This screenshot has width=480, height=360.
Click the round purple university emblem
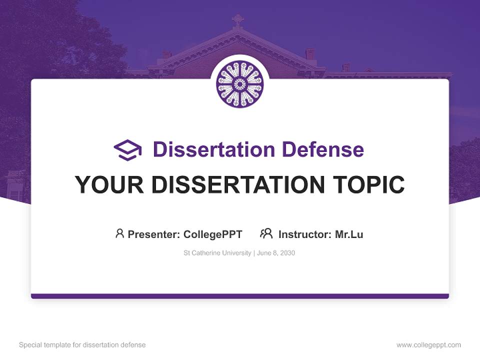pyautogui.click(x=240, y=84)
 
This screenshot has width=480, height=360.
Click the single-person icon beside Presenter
pyautogui.click(x=119, y=233)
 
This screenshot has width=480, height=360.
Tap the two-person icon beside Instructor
pyautogui.click(x=266, y=233)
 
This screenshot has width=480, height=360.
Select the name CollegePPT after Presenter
pyautogui.click(x=212, y=234)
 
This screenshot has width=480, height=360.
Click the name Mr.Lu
pyautogui.click(x=349, y=234)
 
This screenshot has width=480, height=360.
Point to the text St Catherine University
pyautogui.click(x=217, y=253)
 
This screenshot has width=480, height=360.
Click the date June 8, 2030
pyautogui.click(x=277, y=253)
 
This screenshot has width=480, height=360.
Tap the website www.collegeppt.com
pyautogui.click(x=428, y=345)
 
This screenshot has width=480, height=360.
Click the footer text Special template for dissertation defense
pyautogui.click(x=82, y=345)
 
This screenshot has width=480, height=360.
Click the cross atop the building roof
pyautogui.click(x=237, y=20)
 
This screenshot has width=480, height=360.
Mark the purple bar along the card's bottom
pyautogui.click(x=240, y=296)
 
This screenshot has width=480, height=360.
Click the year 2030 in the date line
pyautogui.click(x=287, y=253)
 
